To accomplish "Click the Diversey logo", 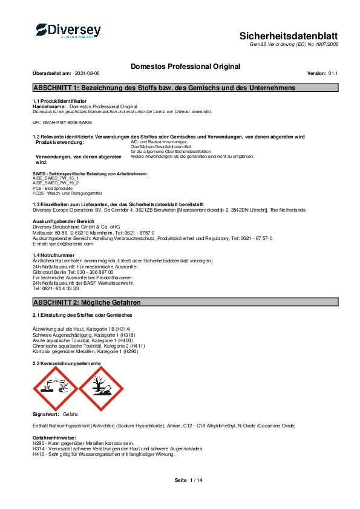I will [68, 31].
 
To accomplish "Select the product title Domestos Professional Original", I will [185, 66].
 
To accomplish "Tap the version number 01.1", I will [333, 73].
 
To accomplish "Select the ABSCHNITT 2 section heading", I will [87, 301].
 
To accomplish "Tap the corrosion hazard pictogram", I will [54, 387].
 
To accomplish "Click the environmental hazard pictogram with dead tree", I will [100, 387].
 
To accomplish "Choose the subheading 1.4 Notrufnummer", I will [53, 256].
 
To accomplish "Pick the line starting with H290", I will [83, 443].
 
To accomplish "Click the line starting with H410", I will [103, 454].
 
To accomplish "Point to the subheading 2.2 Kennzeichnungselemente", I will [67, 363].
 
